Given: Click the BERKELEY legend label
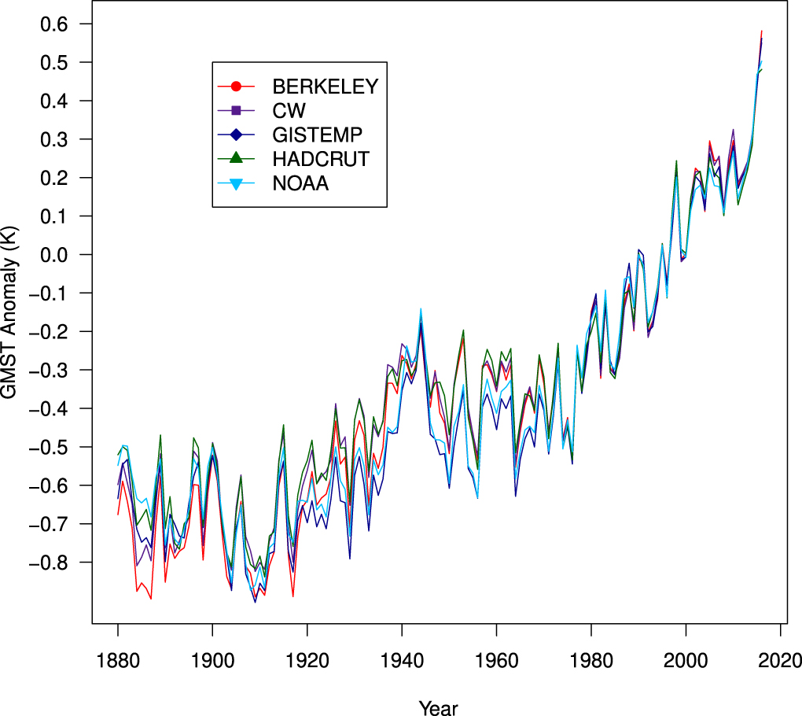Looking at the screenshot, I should pos(325,85).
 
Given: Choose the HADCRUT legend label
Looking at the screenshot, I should pos(321,159).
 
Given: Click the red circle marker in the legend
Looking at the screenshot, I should pos(235,85).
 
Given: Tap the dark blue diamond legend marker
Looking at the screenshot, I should pos(235,134).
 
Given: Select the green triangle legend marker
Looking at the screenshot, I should pos(235,158).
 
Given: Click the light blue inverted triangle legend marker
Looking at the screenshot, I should pos(235,184).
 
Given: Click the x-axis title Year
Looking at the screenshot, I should pos(438,707).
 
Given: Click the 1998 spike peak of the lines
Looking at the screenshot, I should pos(676,161).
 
